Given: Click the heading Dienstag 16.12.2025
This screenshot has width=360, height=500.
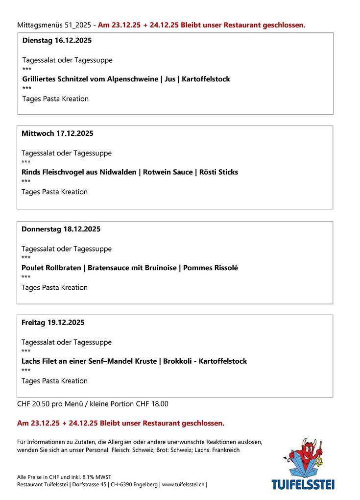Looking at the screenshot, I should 57,40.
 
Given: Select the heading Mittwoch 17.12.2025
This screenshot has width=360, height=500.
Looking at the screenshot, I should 57,133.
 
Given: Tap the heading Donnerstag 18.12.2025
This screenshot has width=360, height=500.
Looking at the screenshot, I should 61,229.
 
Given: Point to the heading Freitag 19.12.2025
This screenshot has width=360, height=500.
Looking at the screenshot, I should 53,323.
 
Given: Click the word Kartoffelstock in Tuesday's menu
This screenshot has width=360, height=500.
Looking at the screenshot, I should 205,79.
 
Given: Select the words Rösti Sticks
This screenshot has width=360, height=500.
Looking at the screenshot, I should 218,172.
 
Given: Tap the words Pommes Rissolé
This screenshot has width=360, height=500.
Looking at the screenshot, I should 210,268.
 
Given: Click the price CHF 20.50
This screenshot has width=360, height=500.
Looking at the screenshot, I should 32,404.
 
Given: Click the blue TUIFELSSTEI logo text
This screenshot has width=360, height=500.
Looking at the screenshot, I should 303,484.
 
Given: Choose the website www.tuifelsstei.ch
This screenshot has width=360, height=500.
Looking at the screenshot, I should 183,484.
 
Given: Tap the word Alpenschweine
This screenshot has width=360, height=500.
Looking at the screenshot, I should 132,79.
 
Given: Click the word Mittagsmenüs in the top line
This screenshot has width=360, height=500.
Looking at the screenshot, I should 36,25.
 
